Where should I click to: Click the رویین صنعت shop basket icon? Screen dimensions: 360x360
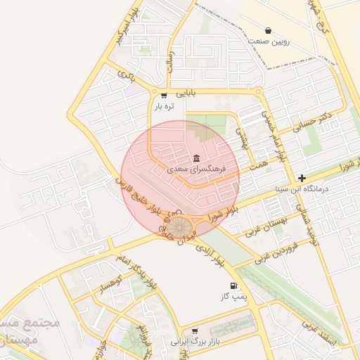[x=268, y=30]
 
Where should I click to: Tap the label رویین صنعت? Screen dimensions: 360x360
[x=268, y=41]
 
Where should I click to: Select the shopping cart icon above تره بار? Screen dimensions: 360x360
[x=164, y=96]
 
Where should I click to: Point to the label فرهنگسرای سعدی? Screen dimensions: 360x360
[x=195, y=169]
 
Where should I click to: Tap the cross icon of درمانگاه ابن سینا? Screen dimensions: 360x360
[x=302, y=179]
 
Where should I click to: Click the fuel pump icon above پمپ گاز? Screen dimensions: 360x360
[x=233, y=286]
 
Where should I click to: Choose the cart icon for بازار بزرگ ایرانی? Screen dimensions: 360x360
[x=194, y=330]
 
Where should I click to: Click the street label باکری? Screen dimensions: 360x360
[x=125, y=73]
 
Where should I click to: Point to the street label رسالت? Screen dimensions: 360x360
[x=169, y=65]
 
